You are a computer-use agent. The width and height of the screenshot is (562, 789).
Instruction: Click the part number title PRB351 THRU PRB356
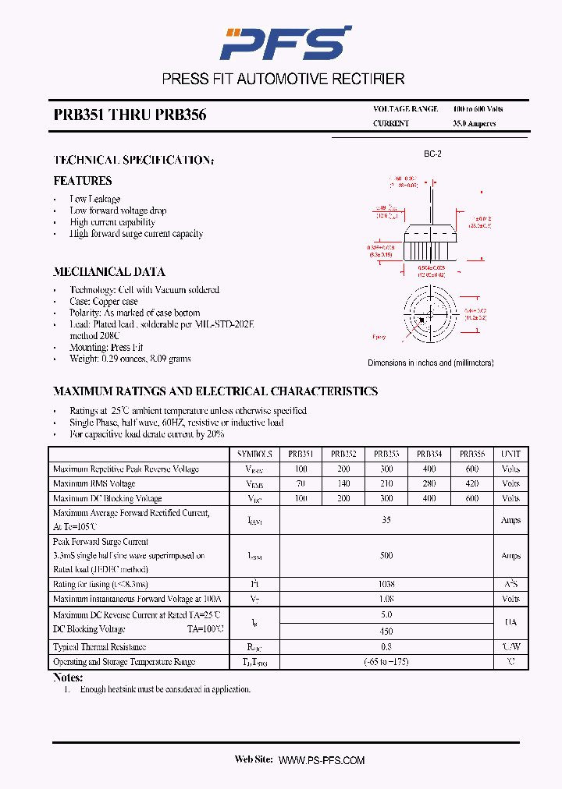[x=130, y=115]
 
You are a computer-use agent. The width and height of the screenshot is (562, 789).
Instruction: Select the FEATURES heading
[x=83, y=181]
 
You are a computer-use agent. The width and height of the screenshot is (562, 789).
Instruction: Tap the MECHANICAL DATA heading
[x=108, y=272]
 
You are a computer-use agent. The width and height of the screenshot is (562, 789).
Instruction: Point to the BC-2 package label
[x=432, y=154]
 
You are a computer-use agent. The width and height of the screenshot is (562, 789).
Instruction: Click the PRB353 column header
[x=386, y=454]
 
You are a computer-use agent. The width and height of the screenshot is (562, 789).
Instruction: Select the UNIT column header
[x=510, y=454]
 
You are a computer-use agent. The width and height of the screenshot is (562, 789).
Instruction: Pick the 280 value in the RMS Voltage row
[x=429, y=484]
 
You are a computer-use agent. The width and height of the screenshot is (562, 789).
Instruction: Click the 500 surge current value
[x=386, y=556]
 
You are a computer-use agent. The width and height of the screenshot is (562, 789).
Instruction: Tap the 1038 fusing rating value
[x=386, y=584]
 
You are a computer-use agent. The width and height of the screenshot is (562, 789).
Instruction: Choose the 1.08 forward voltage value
[x=386, y=599]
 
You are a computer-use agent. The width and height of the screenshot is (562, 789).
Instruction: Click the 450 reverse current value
[x=386, y=632]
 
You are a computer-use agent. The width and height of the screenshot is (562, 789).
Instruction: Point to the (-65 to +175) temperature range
[x=386, y=662]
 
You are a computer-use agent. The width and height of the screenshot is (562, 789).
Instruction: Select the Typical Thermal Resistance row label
[x=99, y=647]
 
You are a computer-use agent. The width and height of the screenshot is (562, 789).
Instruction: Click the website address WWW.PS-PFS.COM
[x=321, y=760]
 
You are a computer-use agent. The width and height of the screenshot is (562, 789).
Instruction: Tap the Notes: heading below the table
[x=68, y=678]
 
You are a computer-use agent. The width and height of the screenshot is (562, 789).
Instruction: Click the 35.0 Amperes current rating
[x=474, y=124]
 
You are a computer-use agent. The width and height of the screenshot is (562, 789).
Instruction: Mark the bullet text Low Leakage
[x=95, y=199]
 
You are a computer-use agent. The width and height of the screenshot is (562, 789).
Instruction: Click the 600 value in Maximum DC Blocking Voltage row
[x=471, y=499]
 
